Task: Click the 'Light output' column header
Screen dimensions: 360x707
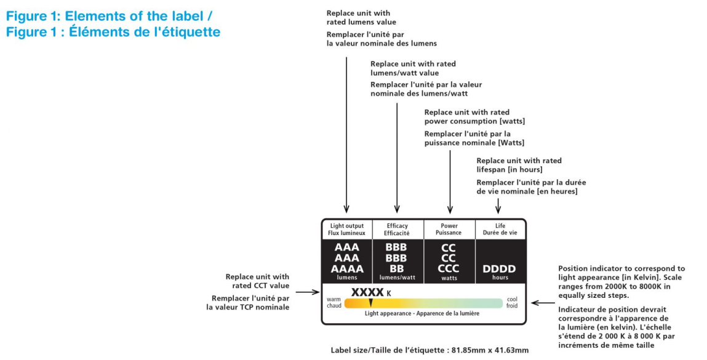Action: click(348, 230)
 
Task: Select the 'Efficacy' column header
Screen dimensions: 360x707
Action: click(397, 230)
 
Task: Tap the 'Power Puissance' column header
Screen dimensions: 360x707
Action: click(450, 230)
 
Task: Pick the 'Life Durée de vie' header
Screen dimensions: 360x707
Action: click(500, 230)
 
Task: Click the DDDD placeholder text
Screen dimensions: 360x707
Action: click(499, 269)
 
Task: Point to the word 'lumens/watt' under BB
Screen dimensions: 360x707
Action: click(397, 278)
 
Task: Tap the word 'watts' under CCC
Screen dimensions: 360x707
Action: click(449, 278)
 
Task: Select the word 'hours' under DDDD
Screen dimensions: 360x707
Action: click(499, 278)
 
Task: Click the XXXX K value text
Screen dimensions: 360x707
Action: click(371, 292)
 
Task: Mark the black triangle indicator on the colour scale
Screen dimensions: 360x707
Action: click(370, 302)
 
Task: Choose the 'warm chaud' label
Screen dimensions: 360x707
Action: click(334, 303)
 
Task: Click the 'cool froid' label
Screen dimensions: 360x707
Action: click(512, 303)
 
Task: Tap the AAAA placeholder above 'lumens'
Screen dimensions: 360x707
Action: click(348, 269)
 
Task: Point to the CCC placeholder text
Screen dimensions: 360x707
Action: click(449, 269)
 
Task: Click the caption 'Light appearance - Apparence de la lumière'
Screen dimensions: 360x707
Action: click(422, 313)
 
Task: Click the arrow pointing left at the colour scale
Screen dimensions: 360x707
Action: click(542, 303)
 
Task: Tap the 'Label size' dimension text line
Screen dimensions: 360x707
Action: click(429, 350)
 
